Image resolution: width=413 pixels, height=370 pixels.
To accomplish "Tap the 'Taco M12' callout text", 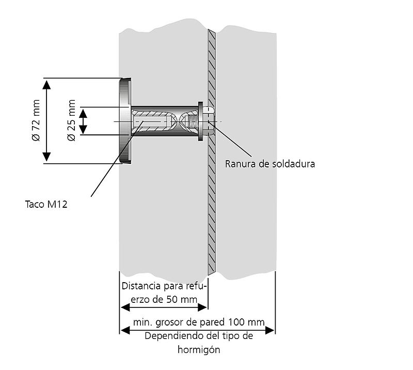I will [x=46, y=204].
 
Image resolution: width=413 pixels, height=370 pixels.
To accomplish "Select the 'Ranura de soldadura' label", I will [x=270, y=164].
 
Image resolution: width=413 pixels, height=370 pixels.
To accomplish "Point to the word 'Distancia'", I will [x=140, y=286].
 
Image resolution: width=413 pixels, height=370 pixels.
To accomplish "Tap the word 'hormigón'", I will [x=199, y=349].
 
